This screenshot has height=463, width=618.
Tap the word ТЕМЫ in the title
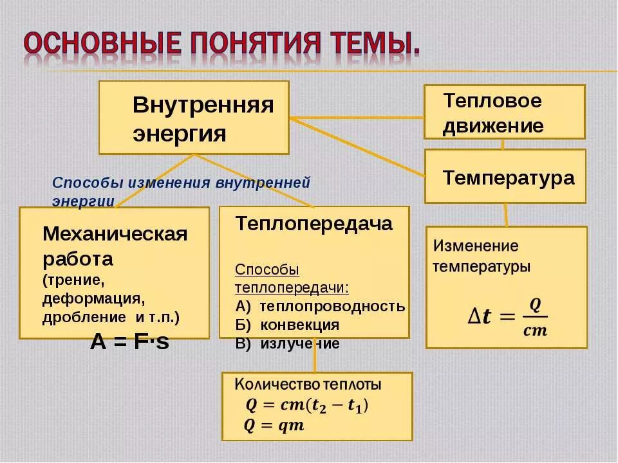tap(375, 44)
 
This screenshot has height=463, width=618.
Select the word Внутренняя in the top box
tap(203, 105)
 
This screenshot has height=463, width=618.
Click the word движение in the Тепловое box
tap(492, 125)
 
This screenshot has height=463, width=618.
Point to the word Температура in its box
tap(508, 178)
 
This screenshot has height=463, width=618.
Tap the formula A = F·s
tap(129, 343)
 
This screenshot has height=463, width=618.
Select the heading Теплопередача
tap(314, 224)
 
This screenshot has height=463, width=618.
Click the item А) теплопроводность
tap(320, 306)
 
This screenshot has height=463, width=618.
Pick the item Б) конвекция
tap(287, 325)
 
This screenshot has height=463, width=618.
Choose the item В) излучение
tap(287, 343)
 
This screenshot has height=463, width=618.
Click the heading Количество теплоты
tap(308, 385)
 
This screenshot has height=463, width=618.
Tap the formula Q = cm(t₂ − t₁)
tap(307, 406)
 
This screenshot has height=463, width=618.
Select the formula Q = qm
tap(274, 426)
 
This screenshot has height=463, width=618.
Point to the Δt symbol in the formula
tap(478, 316)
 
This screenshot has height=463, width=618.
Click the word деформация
tap(92, 299)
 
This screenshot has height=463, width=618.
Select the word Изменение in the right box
tap(475, 246)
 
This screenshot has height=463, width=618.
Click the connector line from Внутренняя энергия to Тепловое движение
tap(357, 118)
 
